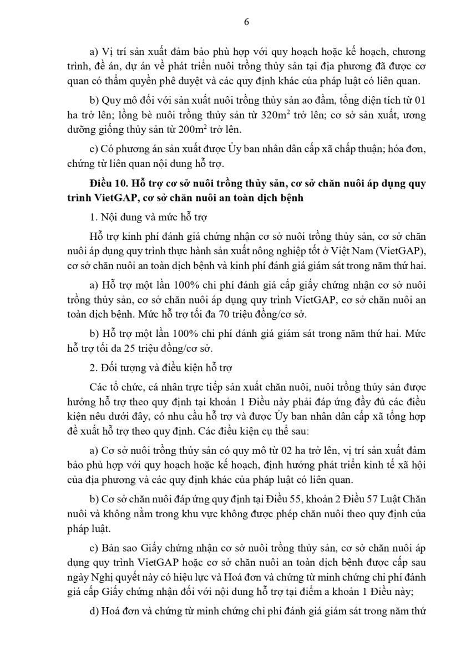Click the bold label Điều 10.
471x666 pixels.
(108, 183)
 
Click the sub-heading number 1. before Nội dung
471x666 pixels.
(93, 215)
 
